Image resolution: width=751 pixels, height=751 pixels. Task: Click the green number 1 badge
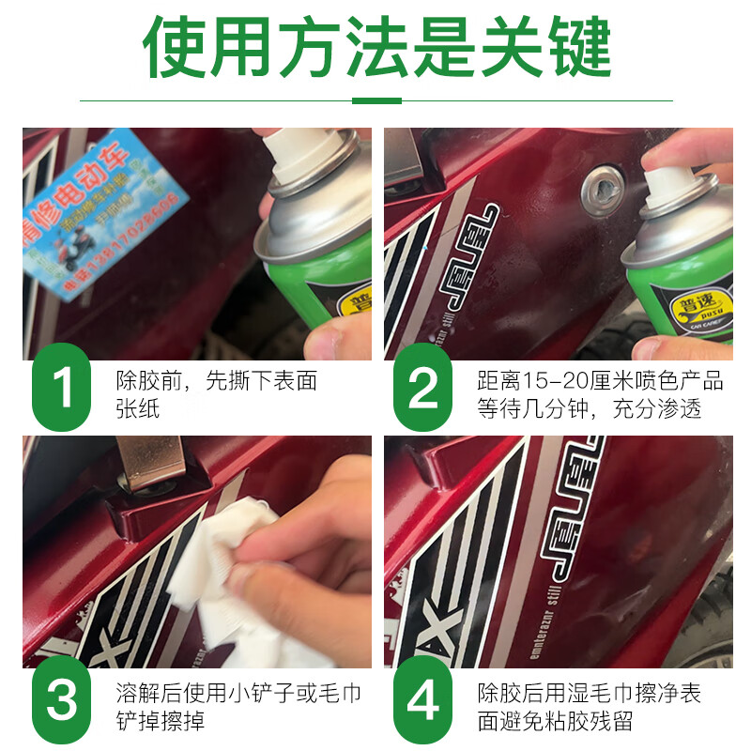(63, 387)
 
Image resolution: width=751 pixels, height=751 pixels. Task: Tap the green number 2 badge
(423, 387)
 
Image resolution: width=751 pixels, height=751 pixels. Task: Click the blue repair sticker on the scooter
(104, 212)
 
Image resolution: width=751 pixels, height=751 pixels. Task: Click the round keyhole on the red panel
(602, 192)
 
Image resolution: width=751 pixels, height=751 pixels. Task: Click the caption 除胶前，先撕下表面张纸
(216, 394)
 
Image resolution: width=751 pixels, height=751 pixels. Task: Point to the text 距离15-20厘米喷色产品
(600, 380)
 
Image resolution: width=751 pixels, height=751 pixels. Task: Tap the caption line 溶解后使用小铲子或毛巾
(238, 694)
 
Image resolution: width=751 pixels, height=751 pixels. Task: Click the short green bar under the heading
(375, 100)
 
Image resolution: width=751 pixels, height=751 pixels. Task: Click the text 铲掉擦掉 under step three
(161, 723)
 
